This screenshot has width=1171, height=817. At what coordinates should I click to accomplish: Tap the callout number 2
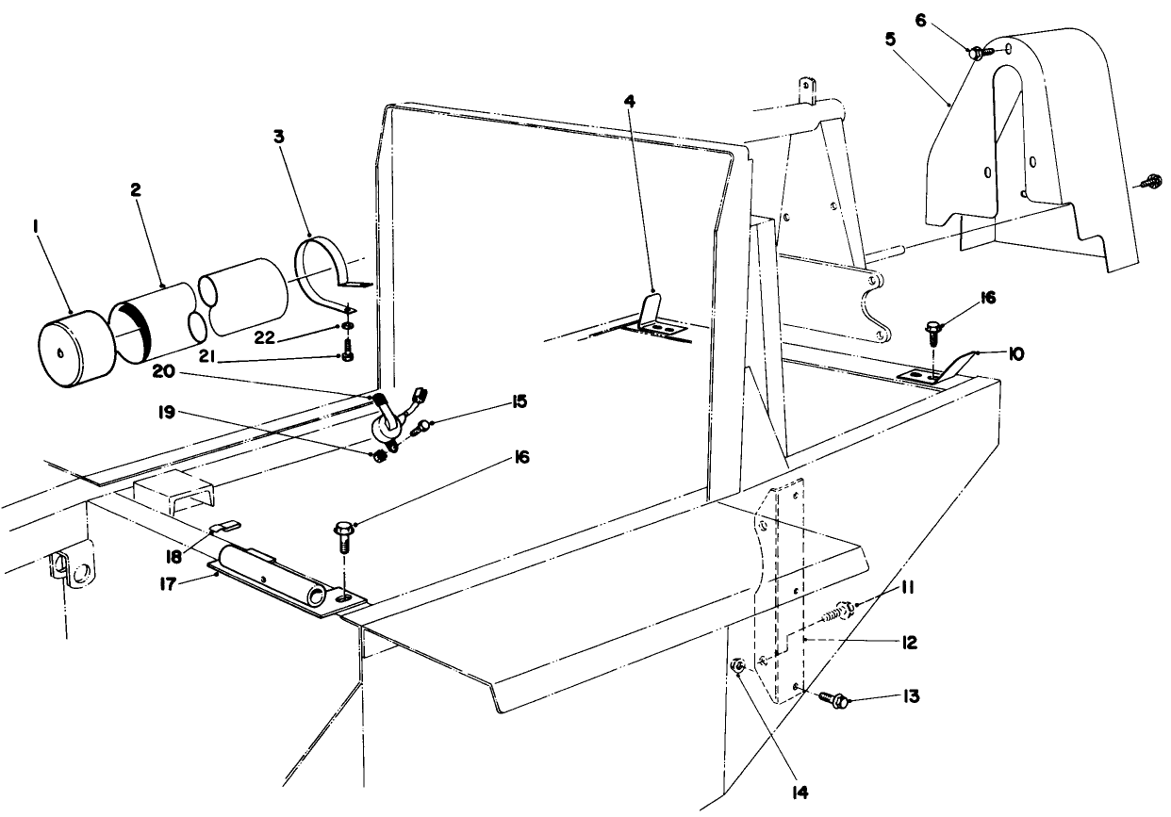(x=136, y=188)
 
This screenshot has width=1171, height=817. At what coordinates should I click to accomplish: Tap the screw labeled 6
(x=976, y=54)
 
